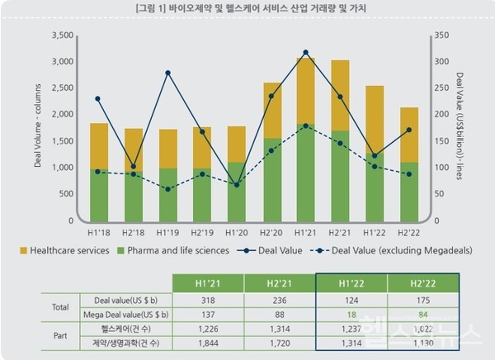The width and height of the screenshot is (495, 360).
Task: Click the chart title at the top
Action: click(247, 8)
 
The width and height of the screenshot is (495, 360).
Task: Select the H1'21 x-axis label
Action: click(305, 234)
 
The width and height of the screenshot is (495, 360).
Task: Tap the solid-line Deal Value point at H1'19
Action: click(167, 73)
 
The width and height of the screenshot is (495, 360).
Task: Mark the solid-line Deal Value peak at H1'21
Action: click(305, 52)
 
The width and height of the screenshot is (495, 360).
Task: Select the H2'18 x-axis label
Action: click(134, 234)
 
